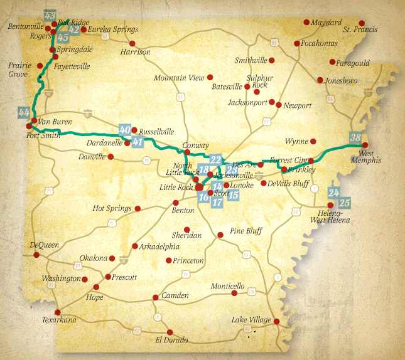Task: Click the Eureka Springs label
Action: pos(113,29)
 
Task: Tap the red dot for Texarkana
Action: pos(58,312)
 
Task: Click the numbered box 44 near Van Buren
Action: pos(24,112)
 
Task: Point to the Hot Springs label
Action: pos(112,208)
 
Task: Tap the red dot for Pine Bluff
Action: pos(220,235)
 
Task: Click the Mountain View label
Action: pos(179,78)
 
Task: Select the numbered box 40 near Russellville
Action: pos(125,130)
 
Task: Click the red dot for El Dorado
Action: pos(169,332)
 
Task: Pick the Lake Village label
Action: pos(251,319)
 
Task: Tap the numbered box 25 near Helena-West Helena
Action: pos(344,203)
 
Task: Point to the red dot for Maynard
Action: pos(306,23)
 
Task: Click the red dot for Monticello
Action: pos(234,293)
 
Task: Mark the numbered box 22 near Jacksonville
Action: pos(216,159)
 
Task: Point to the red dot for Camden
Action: pos(155,297)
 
